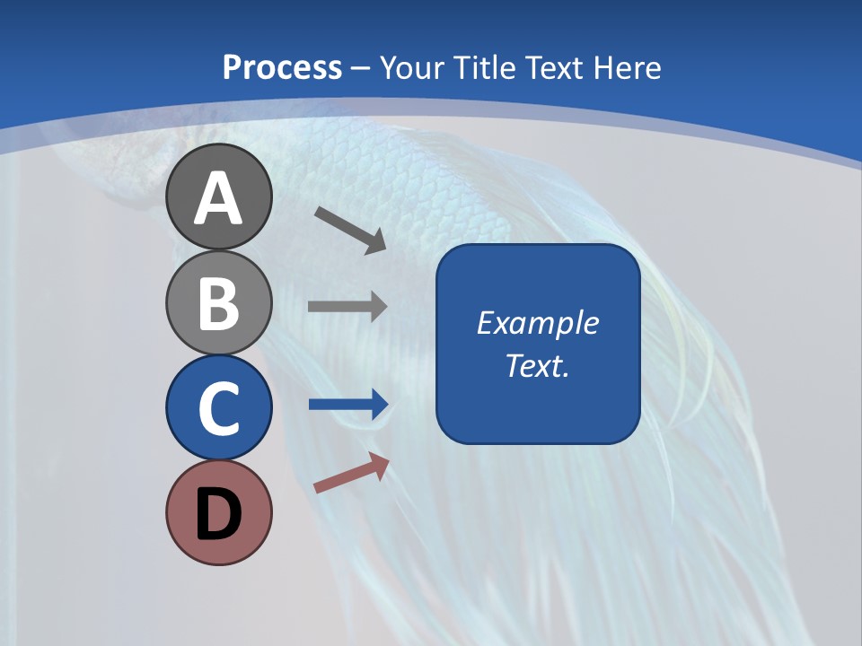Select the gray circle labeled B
click(219, 302)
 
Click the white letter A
click(219, 199)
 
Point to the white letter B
click(219, 302)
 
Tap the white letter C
click(219, 408)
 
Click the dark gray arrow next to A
click(351, 230)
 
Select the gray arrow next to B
click(347, 307)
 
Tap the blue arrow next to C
click(347, 405)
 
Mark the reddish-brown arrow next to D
click(352, 473)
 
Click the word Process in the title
click(282, 67)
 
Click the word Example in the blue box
click(538, 323)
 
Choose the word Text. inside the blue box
click(538, 366)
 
